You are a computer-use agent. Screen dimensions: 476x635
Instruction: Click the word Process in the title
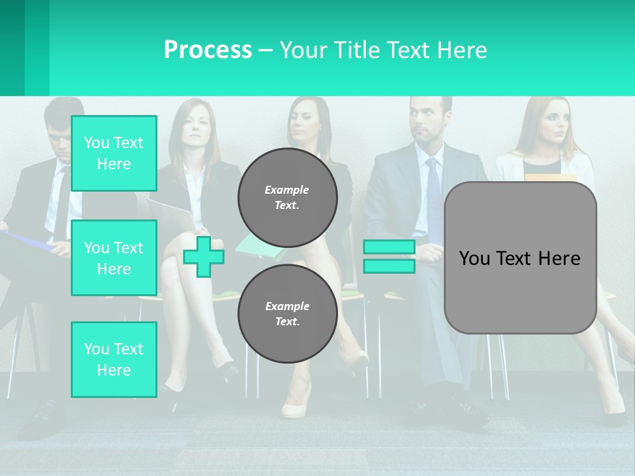point(208,50)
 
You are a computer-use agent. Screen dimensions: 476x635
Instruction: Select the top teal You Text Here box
point(114,153)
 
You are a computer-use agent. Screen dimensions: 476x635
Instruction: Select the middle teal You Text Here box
point(114,258)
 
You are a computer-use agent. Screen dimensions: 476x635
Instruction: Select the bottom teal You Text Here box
point(114,360)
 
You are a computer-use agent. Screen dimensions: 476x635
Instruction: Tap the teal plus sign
point(203,257)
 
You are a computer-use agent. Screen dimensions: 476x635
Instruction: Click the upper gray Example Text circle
point(287,198)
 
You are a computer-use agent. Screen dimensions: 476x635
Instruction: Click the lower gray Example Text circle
point(287,314)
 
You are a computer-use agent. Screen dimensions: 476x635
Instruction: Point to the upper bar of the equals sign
point(389,247)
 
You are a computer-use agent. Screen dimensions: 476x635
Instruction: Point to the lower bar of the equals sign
point(389,266)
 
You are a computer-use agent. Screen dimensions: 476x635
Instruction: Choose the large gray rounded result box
point(520,258)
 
